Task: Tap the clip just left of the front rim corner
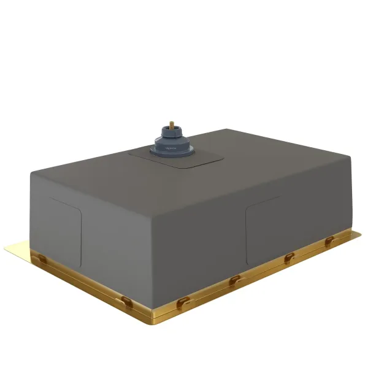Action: tap(127, 300)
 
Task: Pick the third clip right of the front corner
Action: tap(286, 258)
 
